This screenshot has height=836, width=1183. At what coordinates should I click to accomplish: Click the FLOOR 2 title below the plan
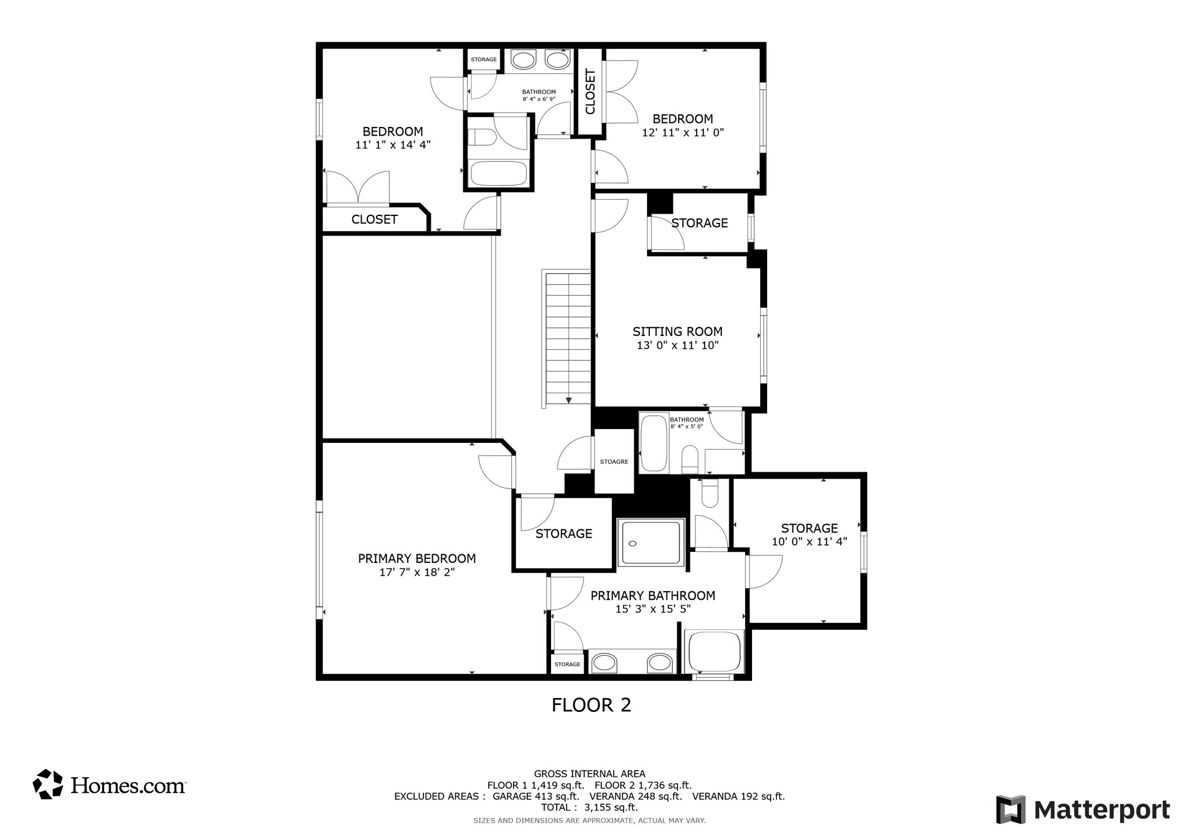coord(591,705)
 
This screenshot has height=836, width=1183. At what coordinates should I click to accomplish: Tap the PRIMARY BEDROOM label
coord(416,558)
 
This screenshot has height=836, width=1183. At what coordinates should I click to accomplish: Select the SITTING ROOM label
coord(677,331)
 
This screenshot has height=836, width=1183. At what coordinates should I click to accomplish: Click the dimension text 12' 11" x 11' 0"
coord(682,132)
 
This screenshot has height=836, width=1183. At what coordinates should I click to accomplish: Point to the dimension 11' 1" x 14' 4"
coord(392,145)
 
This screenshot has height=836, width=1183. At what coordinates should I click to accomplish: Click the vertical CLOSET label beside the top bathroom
coord(590,92)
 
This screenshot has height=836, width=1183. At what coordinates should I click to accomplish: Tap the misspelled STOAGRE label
coord(613,462)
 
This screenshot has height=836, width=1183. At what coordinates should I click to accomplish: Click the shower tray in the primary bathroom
coord(651,543)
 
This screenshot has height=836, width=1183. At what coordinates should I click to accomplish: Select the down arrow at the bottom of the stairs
coord(569,400)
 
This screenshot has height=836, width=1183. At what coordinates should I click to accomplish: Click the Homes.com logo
coord(109,784)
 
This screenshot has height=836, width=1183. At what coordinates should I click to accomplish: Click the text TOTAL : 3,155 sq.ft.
coord(589,807)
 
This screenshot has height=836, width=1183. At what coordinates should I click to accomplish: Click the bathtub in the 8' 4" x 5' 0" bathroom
coord(654,443)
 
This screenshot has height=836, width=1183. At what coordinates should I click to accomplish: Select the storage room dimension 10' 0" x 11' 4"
coord(809,542)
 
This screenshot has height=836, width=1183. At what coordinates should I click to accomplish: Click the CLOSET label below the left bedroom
coord(374,219)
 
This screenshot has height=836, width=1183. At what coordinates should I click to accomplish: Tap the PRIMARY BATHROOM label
coord(653,595)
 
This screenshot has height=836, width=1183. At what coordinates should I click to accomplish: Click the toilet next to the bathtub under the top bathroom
coord(482,137)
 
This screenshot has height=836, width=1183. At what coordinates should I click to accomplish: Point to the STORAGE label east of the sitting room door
coord(700,223)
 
